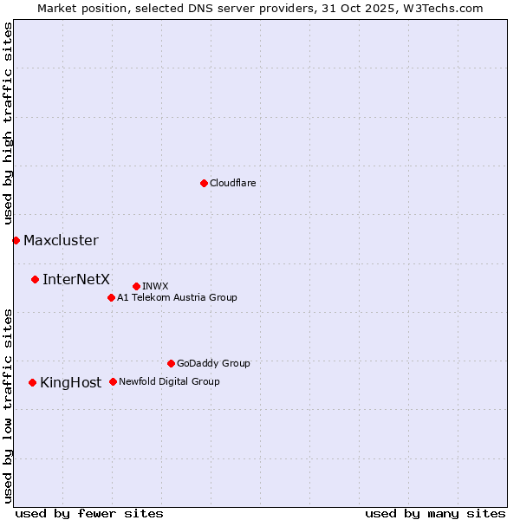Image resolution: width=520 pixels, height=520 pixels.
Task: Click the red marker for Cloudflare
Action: (x=204, y=183)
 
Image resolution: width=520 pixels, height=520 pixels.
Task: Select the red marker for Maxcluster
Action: (x=16, y=240)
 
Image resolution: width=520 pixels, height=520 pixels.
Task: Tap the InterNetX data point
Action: (x=35, y=279)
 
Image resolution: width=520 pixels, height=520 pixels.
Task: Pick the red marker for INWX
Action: (x=136, y=286)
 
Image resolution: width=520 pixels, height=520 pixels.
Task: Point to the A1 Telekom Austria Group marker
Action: (x=111, y=297)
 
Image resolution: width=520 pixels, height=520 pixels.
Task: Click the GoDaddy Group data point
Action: (x=171, y=363)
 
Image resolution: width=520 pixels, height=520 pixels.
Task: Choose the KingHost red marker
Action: (x=32, y=382)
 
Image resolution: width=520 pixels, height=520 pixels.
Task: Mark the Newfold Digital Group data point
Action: (x=113, y=381)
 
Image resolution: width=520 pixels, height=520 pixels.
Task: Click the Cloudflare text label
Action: (x=233, y=184)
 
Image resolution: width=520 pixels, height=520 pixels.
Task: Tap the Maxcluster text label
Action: (x=61, y=241)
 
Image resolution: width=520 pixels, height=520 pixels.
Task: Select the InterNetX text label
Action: (x=76, y=279)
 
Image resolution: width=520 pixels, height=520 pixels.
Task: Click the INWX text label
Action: (x=155, y=287)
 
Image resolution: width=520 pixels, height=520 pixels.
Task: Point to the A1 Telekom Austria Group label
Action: (x=177, y=298)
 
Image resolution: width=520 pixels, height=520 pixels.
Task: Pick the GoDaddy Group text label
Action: (x=213, y=364)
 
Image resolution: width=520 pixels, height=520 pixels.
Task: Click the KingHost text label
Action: (x=70, y=383)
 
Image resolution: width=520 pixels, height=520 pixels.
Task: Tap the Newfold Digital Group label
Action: (x=169, y=382)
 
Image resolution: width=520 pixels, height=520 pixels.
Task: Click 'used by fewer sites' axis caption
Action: (x=89, y=513)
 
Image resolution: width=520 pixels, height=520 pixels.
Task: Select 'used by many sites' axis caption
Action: (x=435, y=513)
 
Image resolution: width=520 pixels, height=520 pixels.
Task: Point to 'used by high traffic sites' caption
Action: (x=9, y=124)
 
